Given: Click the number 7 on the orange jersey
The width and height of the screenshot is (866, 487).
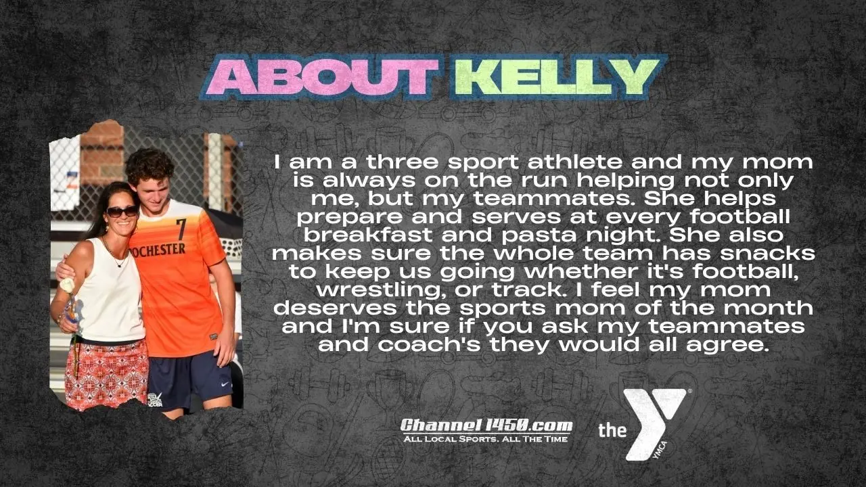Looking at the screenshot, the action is click(181, 229).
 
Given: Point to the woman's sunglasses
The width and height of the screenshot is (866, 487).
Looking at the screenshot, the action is click(122, 212).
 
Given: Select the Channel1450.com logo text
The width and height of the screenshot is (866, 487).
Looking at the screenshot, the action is click(486, 425).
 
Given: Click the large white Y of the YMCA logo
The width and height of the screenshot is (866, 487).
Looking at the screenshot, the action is click(654, 423).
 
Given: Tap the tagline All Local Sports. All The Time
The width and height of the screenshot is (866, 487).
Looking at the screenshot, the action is click(486, 439).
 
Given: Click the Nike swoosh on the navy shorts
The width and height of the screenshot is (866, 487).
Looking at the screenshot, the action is click(225, 385).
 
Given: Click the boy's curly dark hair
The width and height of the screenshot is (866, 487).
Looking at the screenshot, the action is click(150, 165).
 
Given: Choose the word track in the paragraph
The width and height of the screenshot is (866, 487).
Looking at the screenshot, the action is click(527, 290).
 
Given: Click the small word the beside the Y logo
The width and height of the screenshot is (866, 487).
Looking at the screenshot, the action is click(612, 430).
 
